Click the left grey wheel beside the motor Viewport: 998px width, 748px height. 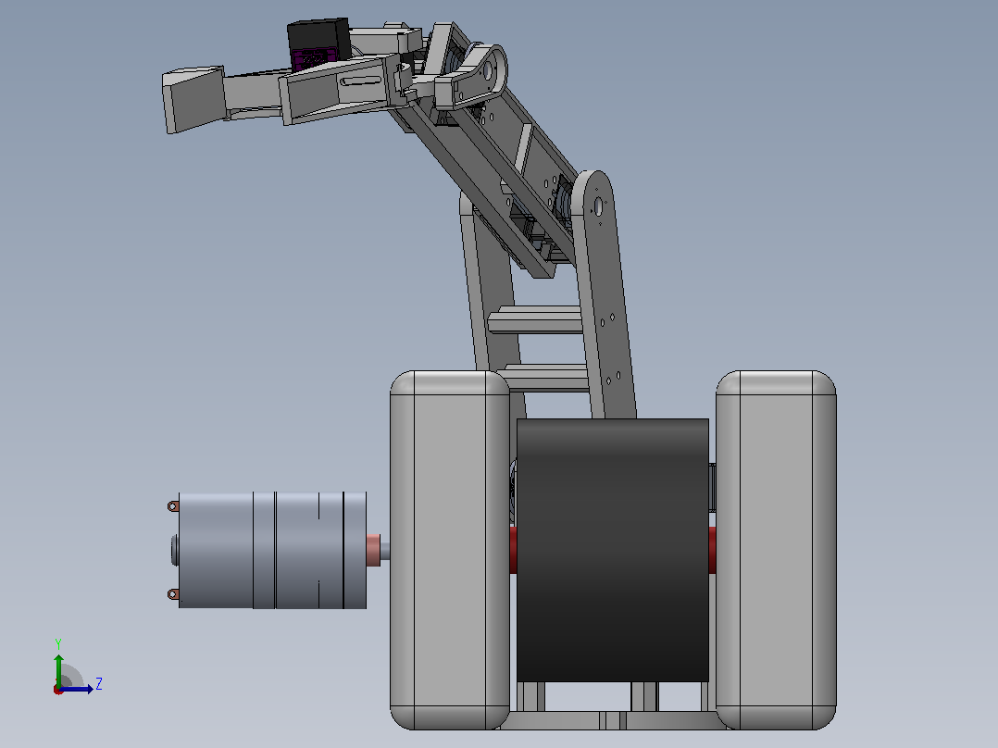pos(449,550)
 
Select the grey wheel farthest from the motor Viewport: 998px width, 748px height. pos(776,550)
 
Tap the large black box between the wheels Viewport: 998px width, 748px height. pos(612,550)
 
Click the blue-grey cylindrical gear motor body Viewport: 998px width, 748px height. pos(272,550)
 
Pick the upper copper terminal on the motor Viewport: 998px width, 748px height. pos(172,506)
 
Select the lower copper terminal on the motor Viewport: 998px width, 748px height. pos(172,594)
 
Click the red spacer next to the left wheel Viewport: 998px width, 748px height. pos(513,550)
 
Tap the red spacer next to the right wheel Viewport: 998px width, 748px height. pos(712,550)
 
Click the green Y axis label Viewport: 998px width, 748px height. pos(58,643)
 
